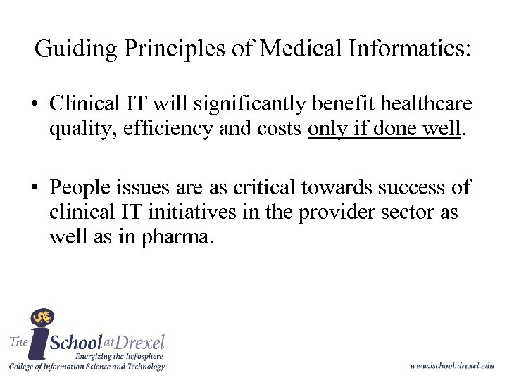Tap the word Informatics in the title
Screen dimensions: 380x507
click(x=414, y=49)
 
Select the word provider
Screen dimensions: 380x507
click(x=330, y=213)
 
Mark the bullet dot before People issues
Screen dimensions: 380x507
click(x=34, y=189)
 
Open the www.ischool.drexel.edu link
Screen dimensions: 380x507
click(x=451, y=366)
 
